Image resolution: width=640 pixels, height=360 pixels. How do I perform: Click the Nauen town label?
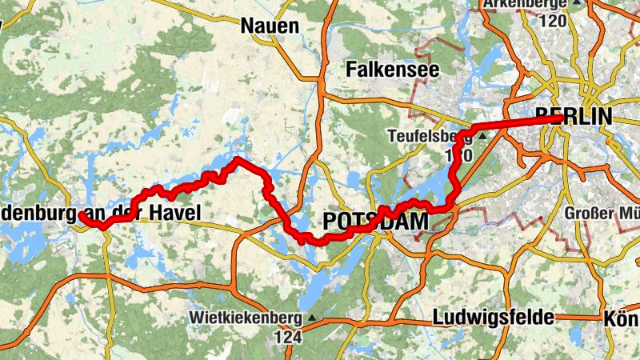(x=270, y=26)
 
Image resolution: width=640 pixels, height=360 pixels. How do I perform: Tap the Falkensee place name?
(x=393, y=70)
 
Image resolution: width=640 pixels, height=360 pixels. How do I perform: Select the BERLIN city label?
(x=574, y=116)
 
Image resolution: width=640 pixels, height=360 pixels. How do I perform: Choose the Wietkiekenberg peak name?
(x=246, y=318)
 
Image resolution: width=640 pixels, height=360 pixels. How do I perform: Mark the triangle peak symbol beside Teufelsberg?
(x=482, y=137)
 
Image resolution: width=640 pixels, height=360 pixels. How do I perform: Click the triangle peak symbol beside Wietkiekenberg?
(x=311, y=318)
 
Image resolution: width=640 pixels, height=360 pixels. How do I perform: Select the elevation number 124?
(x=289, y=337)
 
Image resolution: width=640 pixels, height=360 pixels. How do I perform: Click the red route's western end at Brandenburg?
(x=81, y=215)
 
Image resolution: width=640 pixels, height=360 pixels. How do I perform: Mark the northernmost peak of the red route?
(x=238, y=161)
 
